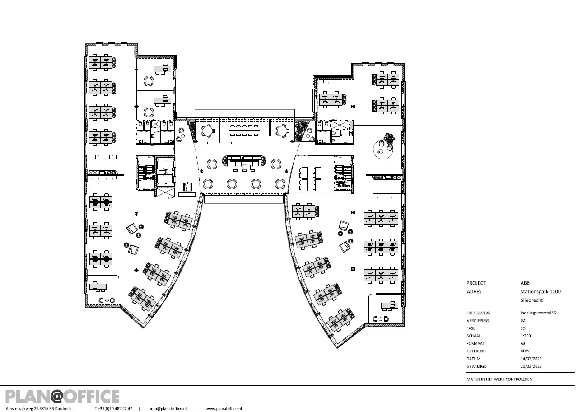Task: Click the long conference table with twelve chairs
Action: (244, 130)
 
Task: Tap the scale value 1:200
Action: (526, 336)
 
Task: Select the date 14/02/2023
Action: (531, 359)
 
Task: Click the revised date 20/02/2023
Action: (531, 366)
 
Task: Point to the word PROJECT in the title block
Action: (476, 283)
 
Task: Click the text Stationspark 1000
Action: (541, 291)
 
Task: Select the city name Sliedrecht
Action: (532, 300)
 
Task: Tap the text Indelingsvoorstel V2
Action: (538, 313)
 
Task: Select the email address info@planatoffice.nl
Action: (168, 409)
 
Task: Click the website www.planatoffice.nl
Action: (224, 409)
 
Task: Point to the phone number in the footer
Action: (113, 409)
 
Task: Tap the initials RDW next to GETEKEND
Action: (525, 351)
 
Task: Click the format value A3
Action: (523, 343)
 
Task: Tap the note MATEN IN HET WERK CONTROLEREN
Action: (500, 379)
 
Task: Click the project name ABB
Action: (525, 283)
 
